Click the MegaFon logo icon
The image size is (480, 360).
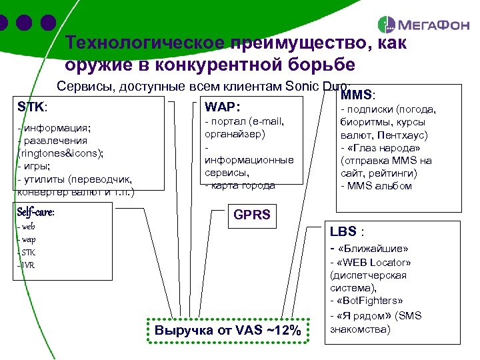pyautogui.click(x=386, y=25)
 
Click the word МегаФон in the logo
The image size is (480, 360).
pyautogui.click(x=427, y=26)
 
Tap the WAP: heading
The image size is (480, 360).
pyautogui.click(x=223, y=107)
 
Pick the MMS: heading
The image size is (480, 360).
pyautogui.click(x=358, y=96)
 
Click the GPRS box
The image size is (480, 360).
pyautogui.click(x=251, y=215)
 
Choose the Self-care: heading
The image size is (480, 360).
pyautogui.click(x=36, y=212)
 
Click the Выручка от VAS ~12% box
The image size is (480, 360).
pyautogui.click(x=228, y=331)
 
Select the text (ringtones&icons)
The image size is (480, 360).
pyautogui.click(x=61, y=153)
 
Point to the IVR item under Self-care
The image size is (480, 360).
pyautogui.click(x=27, y=265)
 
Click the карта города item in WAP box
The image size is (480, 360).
pyautogui.click(x=243, y=185)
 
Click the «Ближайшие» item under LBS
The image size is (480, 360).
pyautogui.click(x=374, y=249)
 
